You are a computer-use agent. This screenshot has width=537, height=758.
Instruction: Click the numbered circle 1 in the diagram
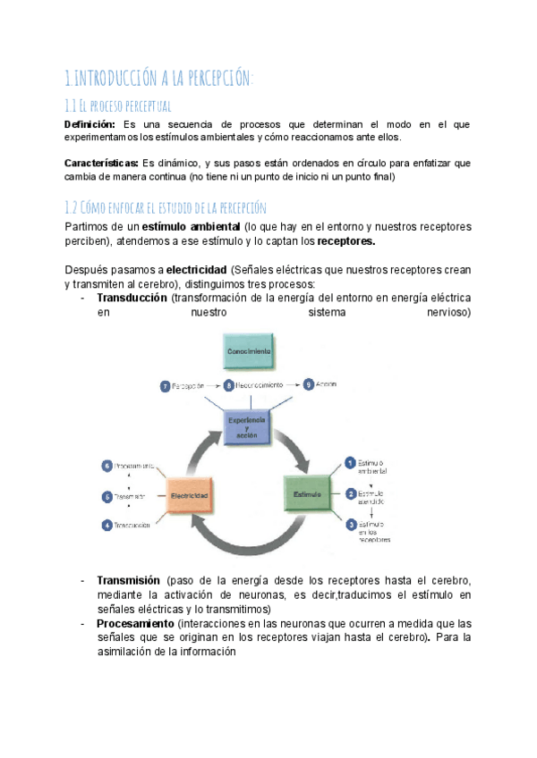point(351,462)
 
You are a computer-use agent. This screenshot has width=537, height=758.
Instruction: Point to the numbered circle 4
point(107,525)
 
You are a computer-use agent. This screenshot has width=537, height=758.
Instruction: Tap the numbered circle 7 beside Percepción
point(166,385)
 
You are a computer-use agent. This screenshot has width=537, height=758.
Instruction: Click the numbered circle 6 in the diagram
point(107,466)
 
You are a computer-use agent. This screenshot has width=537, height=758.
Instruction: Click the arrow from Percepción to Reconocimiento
point(214,385)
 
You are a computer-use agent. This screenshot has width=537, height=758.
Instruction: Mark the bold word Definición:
point(90,124)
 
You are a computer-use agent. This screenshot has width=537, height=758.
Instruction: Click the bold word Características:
point(102,164)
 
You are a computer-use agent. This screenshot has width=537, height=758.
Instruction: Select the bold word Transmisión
point(128,580)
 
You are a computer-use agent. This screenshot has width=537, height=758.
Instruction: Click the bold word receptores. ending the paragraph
point(346,241)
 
